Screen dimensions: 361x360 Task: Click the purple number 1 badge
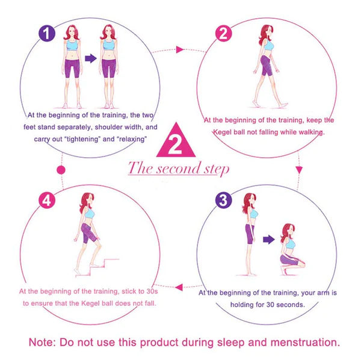coord(47,33)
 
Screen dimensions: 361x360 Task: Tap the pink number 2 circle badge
coord(223,33)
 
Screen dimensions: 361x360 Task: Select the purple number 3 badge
coord(223,200)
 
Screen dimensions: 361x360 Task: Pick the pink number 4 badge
coord(47,200)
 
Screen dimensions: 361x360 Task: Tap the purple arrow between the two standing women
coord(91,58)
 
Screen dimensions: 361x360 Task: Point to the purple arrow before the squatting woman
coord(269,240)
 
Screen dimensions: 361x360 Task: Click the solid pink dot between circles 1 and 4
coord(61,170)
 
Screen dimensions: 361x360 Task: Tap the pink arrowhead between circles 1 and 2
coord(179,49)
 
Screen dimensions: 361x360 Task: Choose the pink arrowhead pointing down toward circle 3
coord(299,170)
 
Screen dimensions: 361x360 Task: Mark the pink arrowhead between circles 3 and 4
coord(179,287)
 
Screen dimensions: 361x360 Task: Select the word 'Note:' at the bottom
coord(42,343)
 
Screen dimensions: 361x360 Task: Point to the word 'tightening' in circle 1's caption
coord(84,139)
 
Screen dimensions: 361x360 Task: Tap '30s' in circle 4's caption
coord(152,291)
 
